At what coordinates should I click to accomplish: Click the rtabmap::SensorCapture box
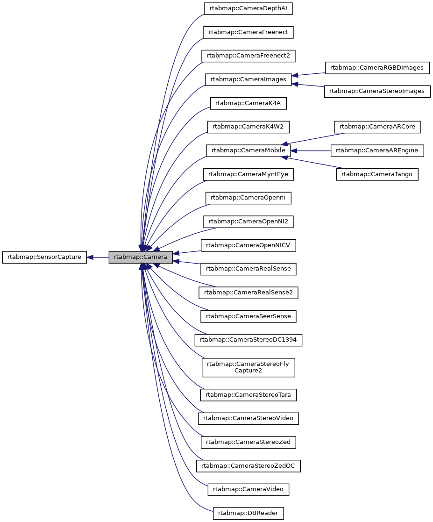click(x=44, y=257)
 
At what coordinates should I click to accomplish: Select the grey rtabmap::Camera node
click(x=141, y=257)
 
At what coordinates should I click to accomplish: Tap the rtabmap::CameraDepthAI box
click(x=248, y=8)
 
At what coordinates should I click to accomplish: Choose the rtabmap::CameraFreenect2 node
click(x=248, y=56)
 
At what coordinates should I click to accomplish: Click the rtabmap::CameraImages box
click(x=248, y=79)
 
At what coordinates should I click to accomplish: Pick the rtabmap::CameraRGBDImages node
click(x=376, y=68)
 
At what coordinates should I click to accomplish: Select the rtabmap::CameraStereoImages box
click(x=376, y=91)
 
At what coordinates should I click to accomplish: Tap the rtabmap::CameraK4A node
click(x=248, y=103)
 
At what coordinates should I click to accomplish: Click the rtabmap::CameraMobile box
click(x=248, y=150)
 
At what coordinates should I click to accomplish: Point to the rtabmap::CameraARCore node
click(x=377, y=127)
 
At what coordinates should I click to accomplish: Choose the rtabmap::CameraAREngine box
click(x=377, y=150)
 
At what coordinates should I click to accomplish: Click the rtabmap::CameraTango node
click(x=377, y=174)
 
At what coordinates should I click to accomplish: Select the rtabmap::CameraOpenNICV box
click(x=248, y=245)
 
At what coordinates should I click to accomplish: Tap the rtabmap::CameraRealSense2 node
click(x=248, y=293)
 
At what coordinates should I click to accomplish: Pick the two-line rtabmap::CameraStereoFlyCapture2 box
click(x=248, y=367)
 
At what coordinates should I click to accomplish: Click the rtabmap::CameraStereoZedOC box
click(x=248, y=466)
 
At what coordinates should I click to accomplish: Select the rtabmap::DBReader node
click(x=248, y=513)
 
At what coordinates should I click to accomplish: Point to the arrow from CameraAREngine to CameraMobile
click(x=311, y=150)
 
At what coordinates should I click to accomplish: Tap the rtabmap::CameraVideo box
click(x=248, y=489)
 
